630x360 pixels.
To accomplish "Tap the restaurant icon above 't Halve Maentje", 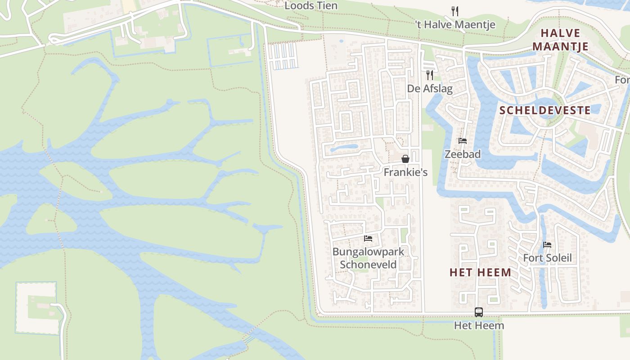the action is click(455, 11).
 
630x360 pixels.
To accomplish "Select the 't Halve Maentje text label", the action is click(455, 25).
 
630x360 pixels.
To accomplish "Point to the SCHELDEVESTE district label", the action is click(545, 110).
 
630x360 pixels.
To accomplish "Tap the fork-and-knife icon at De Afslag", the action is click(430, 75).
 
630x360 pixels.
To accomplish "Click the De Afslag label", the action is click(430, 89).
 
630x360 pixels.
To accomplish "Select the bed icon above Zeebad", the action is click(462, 141).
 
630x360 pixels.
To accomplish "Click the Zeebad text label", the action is click(462, 154).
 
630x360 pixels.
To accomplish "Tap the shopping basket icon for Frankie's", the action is click(405, 158).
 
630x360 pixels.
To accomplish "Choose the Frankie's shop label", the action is click(405, 172).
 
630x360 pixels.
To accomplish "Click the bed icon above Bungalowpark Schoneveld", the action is click(368, 238).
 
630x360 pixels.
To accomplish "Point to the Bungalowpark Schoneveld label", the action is click(368, 258).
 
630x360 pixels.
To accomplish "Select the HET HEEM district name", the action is click(480, 272).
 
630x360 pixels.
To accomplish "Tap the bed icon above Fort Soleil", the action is click(547, 245).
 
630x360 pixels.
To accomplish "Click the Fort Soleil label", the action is click(547, 258).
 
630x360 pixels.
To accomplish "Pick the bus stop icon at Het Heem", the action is click(479, 312).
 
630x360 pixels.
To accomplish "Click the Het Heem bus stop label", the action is click(479, 325).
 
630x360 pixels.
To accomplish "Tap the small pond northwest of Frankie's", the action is click(344, 147).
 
